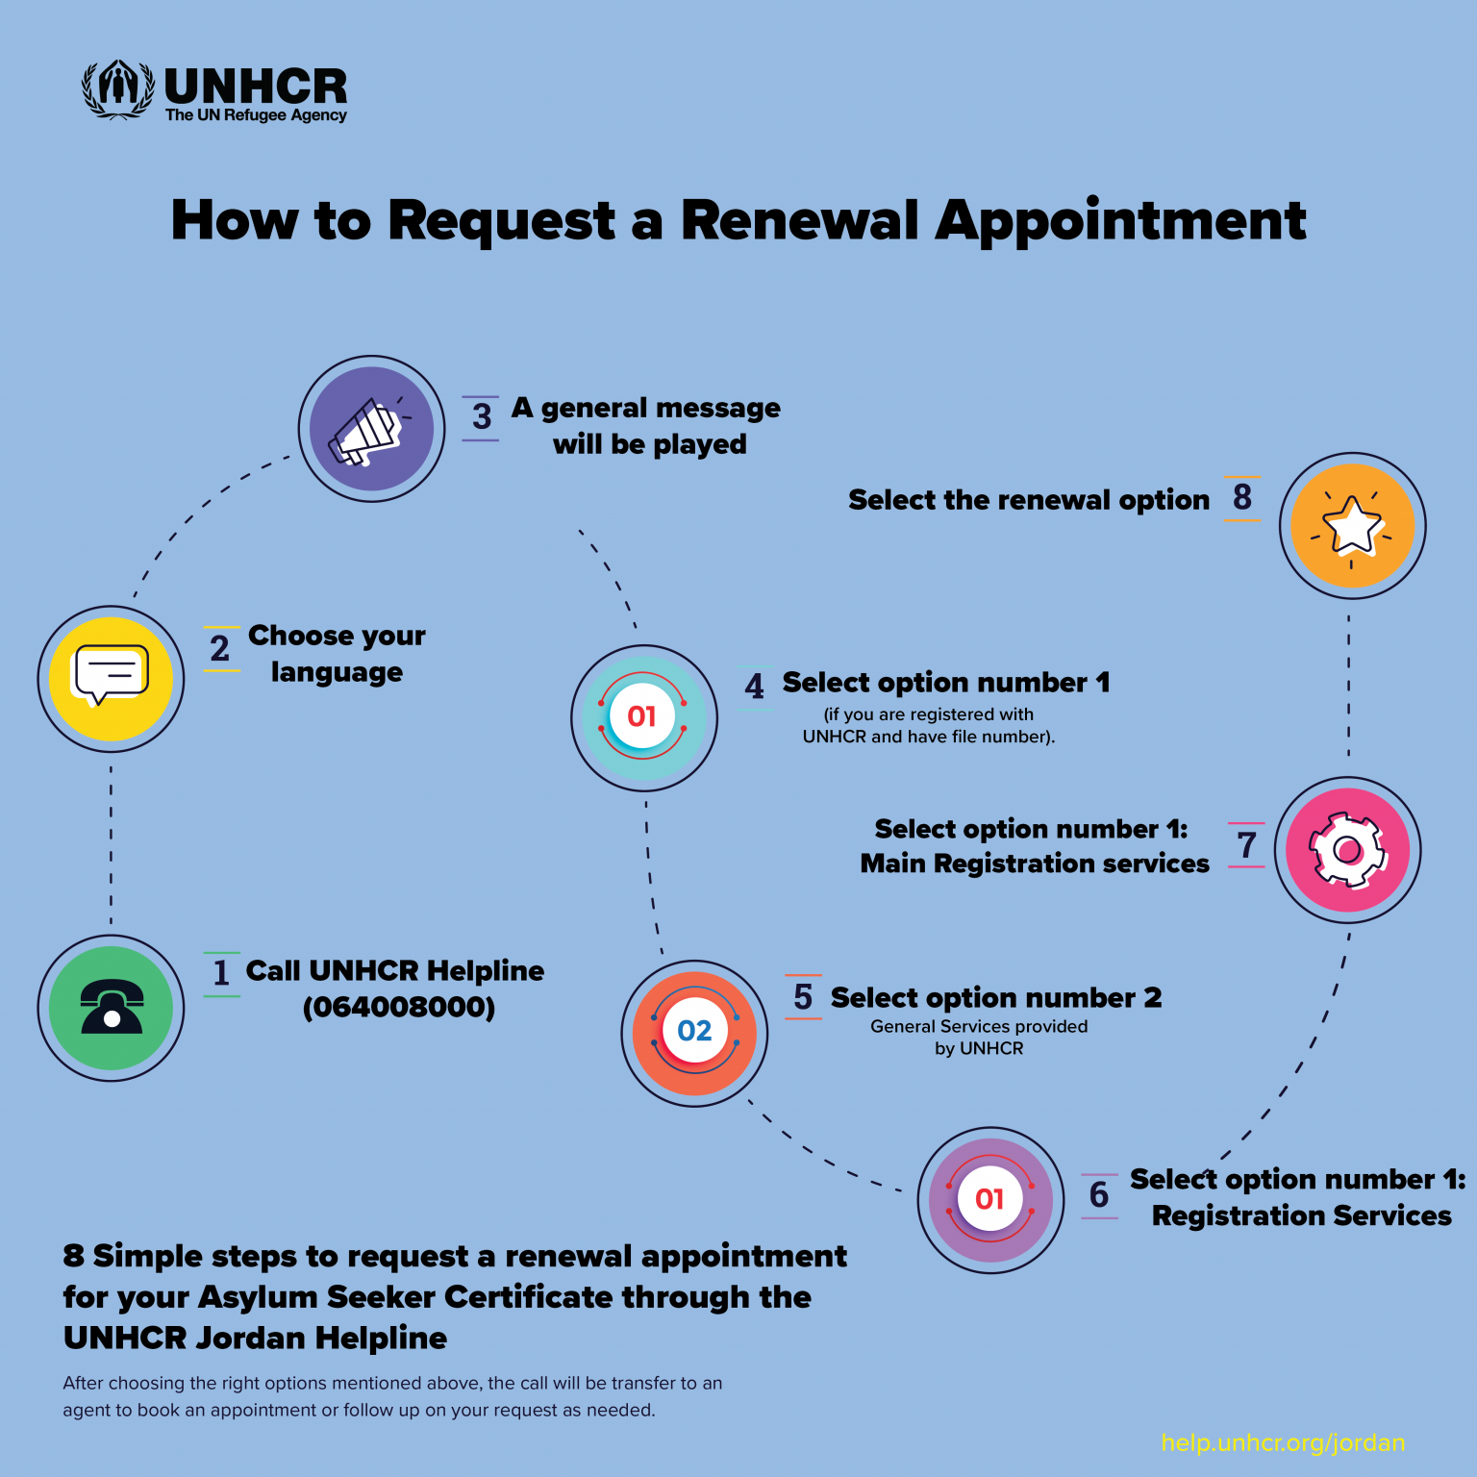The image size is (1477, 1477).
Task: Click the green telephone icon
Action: [x=111, y=1008]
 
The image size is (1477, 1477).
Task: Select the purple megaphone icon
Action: [x=371, y=429]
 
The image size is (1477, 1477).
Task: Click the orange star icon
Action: [x=1352, y=526]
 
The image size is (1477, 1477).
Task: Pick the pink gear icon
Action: [x=1347, y=850]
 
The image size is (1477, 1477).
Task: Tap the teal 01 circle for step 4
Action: [x=643, y=717]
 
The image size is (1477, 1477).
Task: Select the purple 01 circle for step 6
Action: [x=990, y=1200]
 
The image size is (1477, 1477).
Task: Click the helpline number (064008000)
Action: [x=399, y=1008]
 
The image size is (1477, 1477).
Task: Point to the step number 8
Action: [x=1242, y=498]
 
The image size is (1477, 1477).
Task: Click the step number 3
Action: [x=482, y=417]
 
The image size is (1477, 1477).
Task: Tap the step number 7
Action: [x=1247, y=845]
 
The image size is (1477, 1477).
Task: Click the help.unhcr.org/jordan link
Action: [x=1283, y=1442]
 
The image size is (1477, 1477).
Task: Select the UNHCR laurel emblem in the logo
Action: [x=118, y=90]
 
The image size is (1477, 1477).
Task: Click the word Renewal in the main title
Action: [x=800, y=220]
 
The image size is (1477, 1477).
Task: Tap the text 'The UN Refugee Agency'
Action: [x=256, y=115]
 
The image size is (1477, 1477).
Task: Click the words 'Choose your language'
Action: [x=337, y=654]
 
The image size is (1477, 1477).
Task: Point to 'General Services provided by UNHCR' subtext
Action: [x=979, y=1037]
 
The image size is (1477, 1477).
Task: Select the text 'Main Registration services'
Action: [x=1035, y=864]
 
